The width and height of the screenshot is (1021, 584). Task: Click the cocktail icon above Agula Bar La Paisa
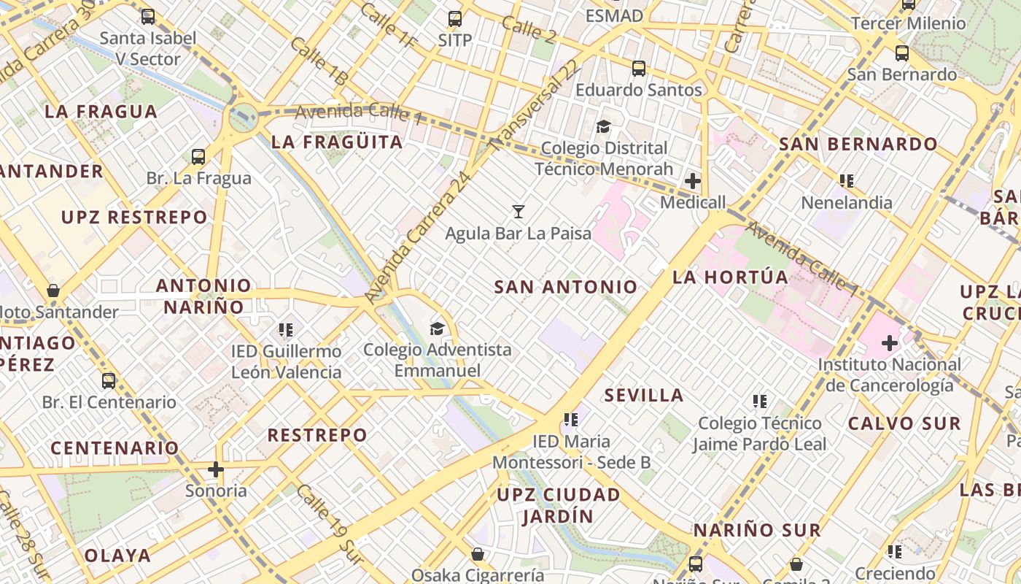coord(518,212)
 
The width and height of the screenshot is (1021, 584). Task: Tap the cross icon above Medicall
coord(692,180)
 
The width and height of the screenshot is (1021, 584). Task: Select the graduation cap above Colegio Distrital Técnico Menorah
coord(603,127)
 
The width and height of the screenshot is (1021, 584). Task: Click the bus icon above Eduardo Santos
coord(639,69)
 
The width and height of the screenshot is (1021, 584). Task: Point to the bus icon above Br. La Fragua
coord(198,156)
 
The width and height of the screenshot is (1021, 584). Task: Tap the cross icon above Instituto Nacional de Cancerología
coord(889,342)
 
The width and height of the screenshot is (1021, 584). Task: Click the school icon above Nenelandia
coord(846,180)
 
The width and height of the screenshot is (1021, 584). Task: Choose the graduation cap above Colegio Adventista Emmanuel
coord(437,328)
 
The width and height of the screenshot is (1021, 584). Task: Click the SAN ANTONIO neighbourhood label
coord(566,287)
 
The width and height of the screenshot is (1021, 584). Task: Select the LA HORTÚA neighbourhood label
coord(730,277)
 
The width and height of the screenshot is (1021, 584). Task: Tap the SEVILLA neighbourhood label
coord(644,396)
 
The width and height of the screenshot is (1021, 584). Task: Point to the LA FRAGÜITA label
coord(337,142)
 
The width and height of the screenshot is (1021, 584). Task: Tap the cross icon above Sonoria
coord(216,469)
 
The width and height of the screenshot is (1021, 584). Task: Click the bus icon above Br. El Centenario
coord(109,380)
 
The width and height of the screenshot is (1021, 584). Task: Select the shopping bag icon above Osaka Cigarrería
coord(477,554)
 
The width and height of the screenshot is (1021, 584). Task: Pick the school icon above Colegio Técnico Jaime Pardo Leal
coord(759,401)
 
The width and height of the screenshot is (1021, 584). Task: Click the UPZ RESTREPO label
coord(134,218)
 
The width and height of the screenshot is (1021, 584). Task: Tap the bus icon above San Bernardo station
coord(901,53)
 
